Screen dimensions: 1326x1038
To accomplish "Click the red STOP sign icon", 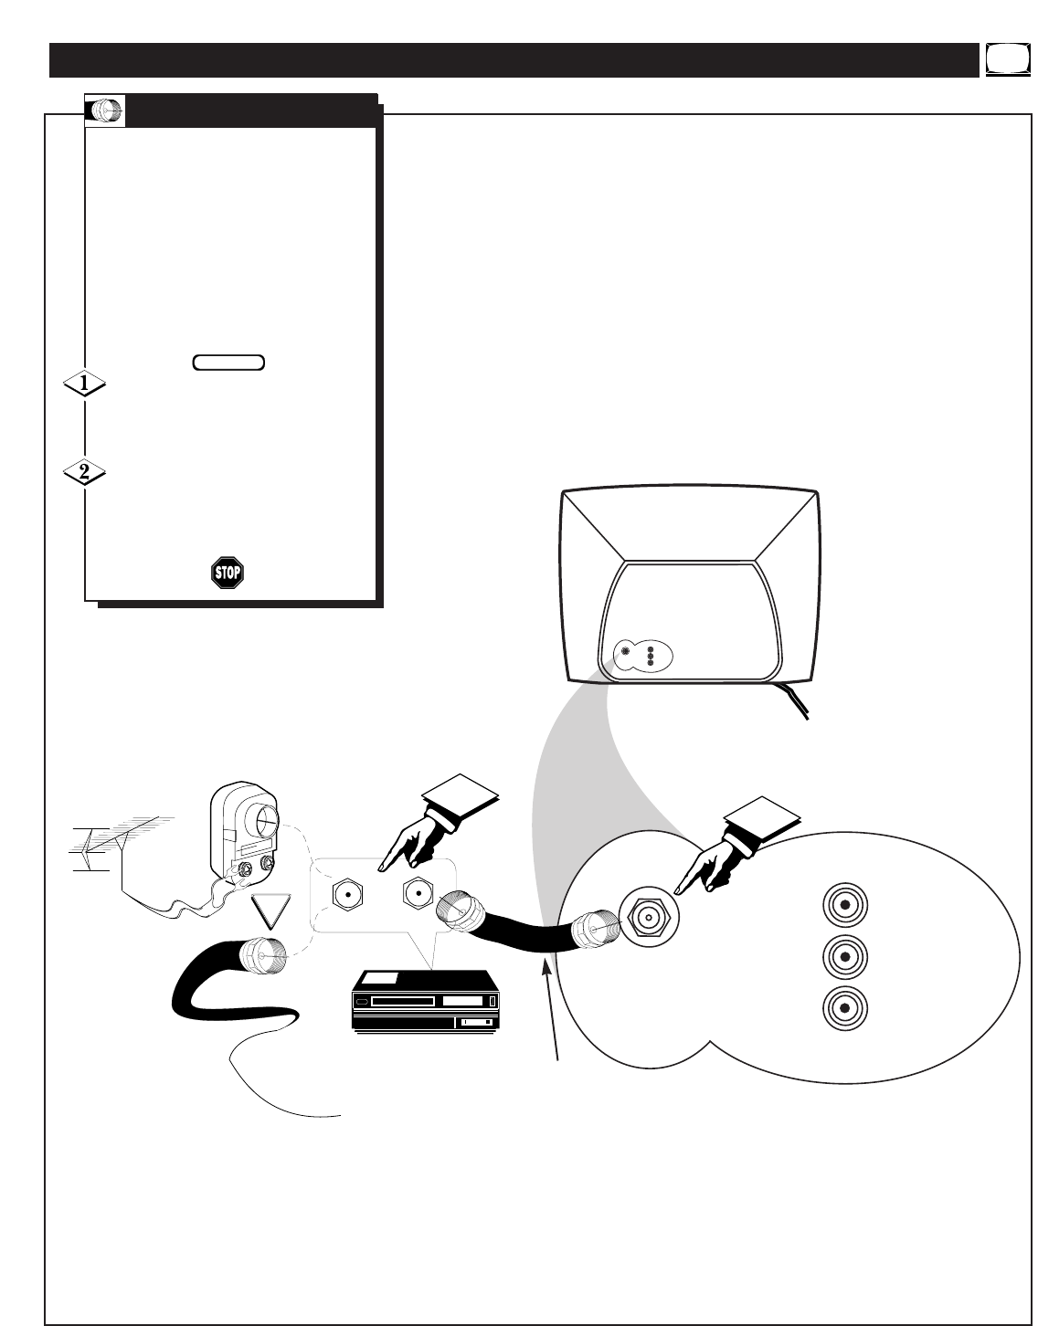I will pyautogui.click(x=228, y=574).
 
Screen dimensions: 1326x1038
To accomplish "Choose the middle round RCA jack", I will pyautogui.click(x=845, y=957).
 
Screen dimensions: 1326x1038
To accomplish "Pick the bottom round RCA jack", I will pyautogui.click(x=845, y=1008).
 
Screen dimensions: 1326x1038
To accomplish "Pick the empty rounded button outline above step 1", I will pyautogui.click(x=228, y=363).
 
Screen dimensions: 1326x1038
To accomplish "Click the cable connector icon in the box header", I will pyautogui.click(x=106, y=111).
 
